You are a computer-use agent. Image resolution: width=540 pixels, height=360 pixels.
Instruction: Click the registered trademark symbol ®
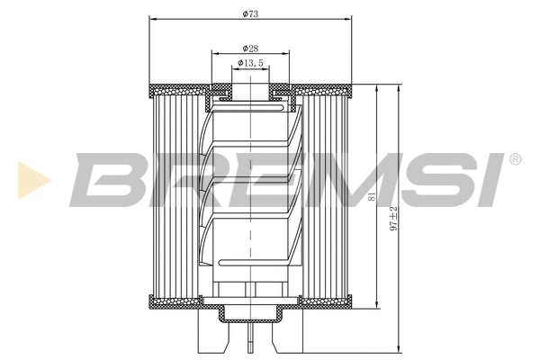[x=515, y=160]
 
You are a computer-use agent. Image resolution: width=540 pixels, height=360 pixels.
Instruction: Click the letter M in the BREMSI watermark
[x=338, y=180]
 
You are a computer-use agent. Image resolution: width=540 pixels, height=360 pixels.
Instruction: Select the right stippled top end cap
[x=324, y=89]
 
